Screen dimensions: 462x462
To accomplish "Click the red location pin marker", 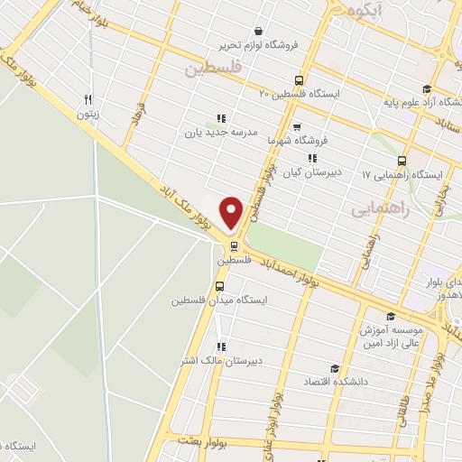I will point(232,213).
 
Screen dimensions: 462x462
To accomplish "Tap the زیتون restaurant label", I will point(88,115).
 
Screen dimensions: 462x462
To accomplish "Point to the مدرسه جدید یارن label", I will point(222,133).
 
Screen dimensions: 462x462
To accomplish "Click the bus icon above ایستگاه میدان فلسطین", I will point(218,288).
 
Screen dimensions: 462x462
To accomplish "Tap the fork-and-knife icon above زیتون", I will point(88,99).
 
